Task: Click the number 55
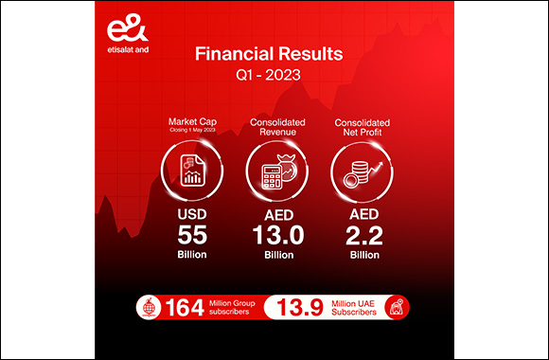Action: (190, 239)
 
